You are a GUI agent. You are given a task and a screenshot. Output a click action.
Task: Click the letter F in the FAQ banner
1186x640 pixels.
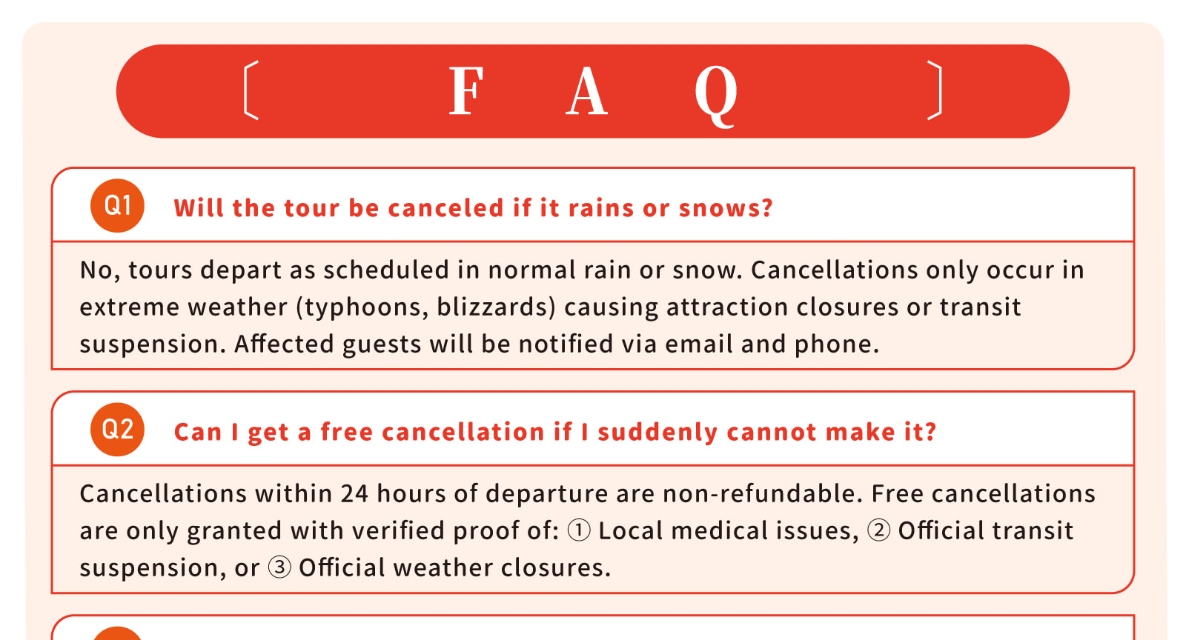click(x=466, y=90)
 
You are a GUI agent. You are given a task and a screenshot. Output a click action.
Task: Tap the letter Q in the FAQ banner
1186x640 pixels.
click(x=716, y=96)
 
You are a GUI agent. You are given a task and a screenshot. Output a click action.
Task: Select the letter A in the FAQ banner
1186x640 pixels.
click(x=586, y=90)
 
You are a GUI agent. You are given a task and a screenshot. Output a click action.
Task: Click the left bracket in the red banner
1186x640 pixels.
click(x=251, y=90)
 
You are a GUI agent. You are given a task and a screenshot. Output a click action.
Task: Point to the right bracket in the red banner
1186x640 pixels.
click(x=935, y=90)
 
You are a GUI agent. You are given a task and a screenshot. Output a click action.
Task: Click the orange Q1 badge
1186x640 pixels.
click(x=117, y=206)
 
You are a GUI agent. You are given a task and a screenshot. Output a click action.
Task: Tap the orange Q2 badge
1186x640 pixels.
click(x=117, y=430)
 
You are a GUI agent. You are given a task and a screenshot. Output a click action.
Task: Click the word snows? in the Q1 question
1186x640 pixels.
click(x=726, y=208)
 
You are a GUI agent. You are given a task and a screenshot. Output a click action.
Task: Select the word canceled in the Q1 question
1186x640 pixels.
click(x=445, y=208)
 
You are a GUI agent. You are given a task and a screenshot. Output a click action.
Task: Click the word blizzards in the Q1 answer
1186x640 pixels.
click(x=493, y=307)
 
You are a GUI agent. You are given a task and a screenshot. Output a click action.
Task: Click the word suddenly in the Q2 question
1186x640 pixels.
click(x=657, y=432)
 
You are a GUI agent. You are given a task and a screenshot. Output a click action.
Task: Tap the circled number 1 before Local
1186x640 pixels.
click(x=579, y=530)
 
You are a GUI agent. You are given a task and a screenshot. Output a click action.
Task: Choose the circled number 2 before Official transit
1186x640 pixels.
click(x=878, y=530)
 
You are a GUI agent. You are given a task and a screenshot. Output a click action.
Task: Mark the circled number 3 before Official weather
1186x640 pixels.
click(x=279, y=567)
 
